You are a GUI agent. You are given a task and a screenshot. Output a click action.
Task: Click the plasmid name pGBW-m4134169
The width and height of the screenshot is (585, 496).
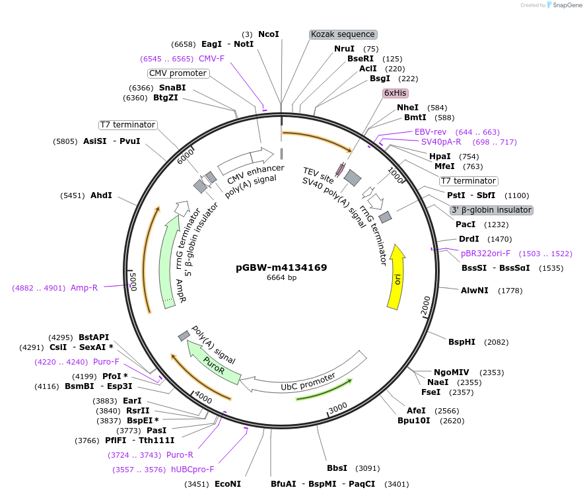click(x=281, y=267)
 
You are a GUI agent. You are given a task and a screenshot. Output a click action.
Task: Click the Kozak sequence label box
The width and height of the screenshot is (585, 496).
click(x=343, y=34)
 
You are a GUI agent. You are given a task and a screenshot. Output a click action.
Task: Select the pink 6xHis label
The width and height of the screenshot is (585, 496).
click(x=395, y=93)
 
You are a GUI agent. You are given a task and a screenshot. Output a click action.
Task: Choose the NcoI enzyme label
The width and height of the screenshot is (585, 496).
click(x=269, y=34)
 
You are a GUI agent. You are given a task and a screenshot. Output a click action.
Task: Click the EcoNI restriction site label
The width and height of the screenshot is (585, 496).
click(x=228, y=484)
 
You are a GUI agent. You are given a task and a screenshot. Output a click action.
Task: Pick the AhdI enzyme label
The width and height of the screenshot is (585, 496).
click(x=101, y=195)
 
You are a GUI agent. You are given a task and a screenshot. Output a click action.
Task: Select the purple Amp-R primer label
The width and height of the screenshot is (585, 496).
click(x=85, y=288)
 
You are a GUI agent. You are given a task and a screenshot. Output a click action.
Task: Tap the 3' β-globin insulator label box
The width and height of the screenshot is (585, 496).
click(x=491, y=210)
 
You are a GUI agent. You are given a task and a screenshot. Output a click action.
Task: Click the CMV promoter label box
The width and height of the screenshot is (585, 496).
click(x=178, y=73)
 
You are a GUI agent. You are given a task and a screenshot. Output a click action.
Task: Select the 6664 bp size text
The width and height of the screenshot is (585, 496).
click(x=281, y=278)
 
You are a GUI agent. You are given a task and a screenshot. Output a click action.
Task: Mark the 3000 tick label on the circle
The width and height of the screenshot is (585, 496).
click(x=337, y=407)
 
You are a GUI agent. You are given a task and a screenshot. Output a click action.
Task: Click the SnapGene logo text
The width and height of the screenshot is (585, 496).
click(x=564, y=5)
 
